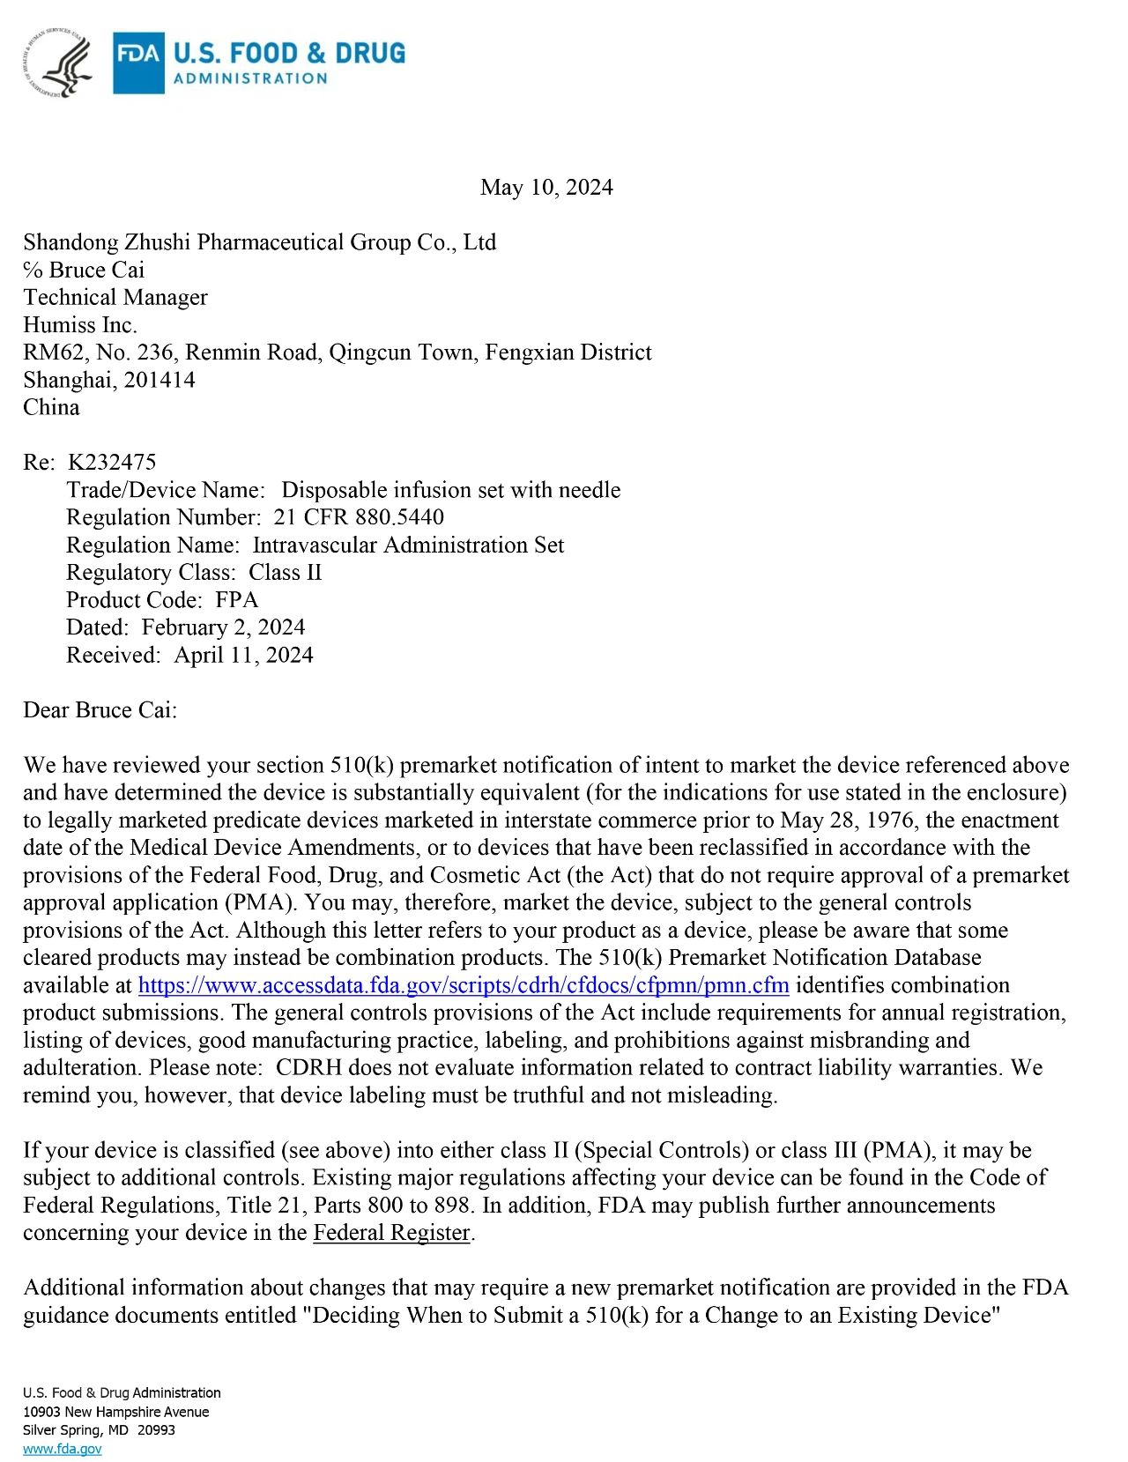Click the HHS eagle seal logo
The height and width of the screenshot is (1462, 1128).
click(58, 63)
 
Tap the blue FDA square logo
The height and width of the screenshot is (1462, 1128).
click(138, 63)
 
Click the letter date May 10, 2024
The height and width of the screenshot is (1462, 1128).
click(546, 188)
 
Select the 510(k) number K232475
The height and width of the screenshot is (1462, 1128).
click(112, 463)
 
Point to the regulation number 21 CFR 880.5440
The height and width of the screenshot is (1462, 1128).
click(359, 517)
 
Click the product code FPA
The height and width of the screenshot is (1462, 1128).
click(237, 600)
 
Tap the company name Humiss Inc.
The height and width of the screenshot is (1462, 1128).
click(80, 325)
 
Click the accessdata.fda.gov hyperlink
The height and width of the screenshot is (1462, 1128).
click(464, 985)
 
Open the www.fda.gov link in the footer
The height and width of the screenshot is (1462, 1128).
click(63, 1449)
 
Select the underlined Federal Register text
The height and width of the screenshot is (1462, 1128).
click(391, 1233)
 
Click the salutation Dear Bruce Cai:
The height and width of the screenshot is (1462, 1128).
click(100, 710)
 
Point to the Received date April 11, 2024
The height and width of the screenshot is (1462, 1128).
click(244, 656)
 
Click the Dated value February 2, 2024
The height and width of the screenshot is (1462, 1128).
click(223, 627)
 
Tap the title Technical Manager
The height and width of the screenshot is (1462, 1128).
click(115, 298)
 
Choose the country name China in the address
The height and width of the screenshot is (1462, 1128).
click(51, 408)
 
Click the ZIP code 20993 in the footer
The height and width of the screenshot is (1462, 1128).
click(156, 1430)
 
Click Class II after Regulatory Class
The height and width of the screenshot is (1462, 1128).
click(286, 573)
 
